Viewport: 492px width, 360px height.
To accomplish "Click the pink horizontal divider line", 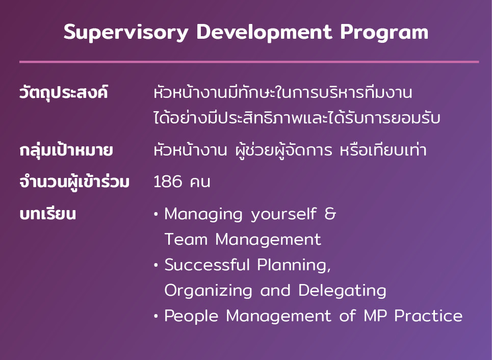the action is (249, 62).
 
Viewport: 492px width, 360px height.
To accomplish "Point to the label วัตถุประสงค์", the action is (64, 93).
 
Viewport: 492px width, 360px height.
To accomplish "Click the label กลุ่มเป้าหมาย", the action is (66, 150).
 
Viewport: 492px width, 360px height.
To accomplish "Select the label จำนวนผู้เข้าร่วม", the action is (74, 182).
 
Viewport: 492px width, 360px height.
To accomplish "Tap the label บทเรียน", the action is (48, 214).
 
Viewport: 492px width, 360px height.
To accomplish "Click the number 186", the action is (168, 182).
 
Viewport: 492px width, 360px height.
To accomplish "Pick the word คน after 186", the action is (200, 183).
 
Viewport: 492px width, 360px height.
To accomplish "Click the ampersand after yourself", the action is (330, 214).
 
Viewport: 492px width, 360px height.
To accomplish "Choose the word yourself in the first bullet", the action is (283, 214).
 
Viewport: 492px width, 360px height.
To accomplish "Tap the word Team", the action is (186, 239).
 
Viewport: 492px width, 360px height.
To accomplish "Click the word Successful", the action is (207, 265).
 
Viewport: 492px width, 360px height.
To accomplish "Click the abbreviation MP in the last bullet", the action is (375, 316).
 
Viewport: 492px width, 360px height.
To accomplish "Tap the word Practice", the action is (428, 316).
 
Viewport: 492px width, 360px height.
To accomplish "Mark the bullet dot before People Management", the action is (156, 316).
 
